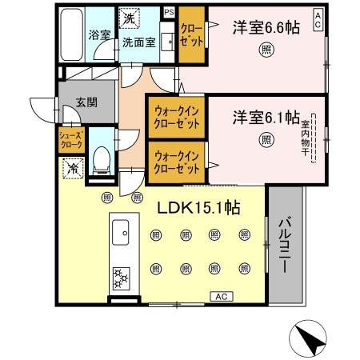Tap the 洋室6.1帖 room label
[x=264, y=118]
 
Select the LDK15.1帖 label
[x=199, y=207]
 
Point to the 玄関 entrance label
[x=86, y=102]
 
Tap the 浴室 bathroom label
[x=98, y=36]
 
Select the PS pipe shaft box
[x=169, y=12]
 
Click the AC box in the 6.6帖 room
[x=318, y=16]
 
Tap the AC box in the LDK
[x=222, y=297]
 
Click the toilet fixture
[x=102, y=159]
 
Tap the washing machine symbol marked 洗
[x=129, y=16]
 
